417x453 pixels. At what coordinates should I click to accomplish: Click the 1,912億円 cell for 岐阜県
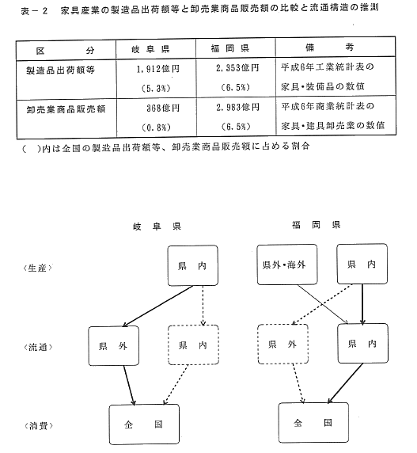(x=157, y=69)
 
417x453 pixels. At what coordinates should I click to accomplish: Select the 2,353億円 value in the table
(x=237, y=68)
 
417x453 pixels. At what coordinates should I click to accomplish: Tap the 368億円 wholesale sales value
(x=163, y=108)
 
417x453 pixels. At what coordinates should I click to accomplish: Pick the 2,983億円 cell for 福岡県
(x=237, y=108)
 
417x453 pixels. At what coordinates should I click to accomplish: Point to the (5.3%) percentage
(x=156, y=89)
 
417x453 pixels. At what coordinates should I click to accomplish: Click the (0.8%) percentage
(x=157, y=128)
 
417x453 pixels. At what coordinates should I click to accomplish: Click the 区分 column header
(x=65, y=51)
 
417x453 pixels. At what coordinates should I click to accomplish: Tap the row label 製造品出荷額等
(x=61, y=70)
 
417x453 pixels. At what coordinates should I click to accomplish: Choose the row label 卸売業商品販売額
(x=66, y=109)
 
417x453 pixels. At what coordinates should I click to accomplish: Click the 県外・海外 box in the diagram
(x=287, y=265)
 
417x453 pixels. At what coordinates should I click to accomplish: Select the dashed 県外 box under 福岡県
(x=282, y=344)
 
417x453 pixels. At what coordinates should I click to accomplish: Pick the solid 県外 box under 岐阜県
(x=114, y=346)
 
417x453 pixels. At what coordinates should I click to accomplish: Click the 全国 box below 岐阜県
(x=144, y=424)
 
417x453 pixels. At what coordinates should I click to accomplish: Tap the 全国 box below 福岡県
(x=313, y=423)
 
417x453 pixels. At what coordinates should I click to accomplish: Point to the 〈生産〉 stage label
(x=37, y=268)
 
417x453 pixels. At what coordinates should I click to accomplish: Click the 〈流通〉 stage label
(x=38, y=347)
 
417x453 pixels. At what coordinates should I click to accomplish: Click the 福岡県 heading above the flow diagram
(x=317, y=225)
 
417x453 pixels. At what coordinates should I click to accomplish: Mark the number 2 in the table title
(x=44, y=11)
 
